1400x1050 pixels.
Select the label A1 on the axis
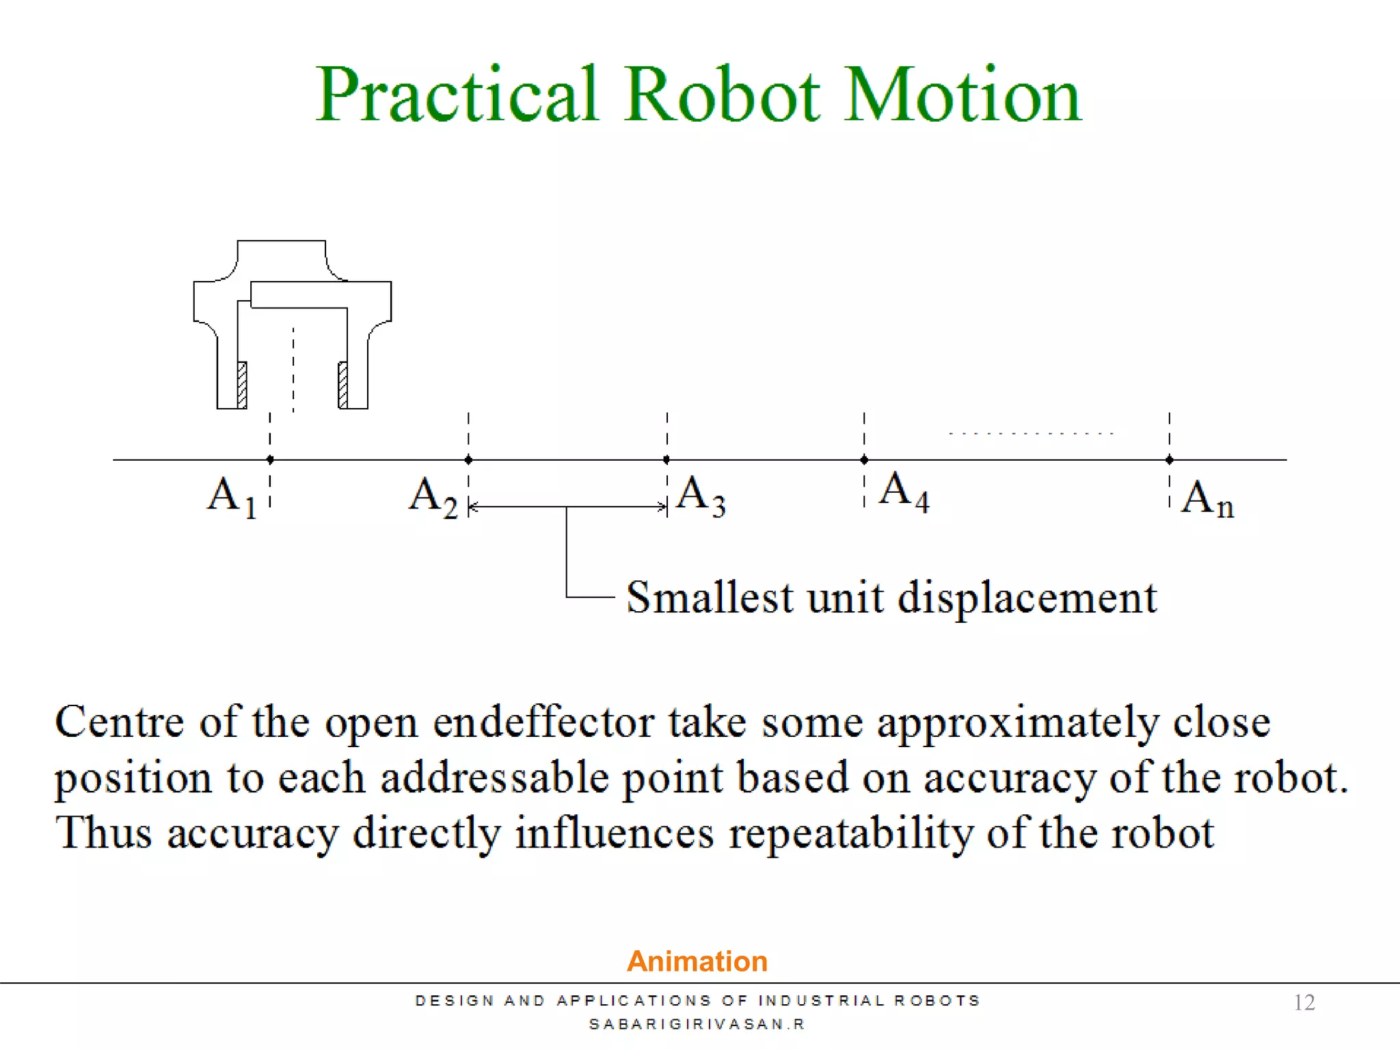coord(232,497)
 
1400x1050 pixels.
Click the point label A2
coord(433,497)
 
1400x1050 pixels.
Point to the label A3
coord(701,496)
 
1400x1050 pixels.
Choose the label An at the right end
coord(1207,499)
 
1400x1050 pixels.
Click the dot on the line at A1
coord(270,459)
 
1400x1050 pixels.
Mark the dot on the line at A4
coord(864,459)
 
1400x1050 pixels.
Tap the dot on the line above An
coord(1170,459)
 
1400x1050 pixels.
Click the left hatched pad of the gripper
coord(241,385)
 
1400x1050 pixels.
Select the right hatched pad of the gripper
coord(343,385)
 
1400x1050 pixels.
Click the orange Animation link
coord(697,961)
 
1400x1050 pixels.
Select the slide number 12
coord(1304,1002)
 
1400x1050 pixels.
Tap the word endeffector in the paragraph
coord(543,723)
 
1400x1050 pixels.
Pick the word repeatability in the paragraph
coord(850,833)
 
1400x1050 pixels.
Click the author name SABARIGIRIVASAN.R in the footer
coord(697,1024)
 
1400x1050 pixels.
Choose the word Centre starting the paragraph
coord(120,722)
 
